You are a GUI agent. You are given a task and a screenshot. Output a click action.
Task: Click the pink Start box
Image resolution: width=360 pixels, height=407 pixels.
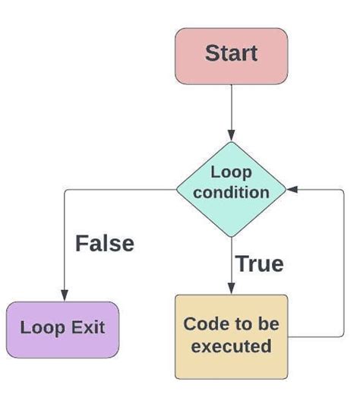click(231, 56)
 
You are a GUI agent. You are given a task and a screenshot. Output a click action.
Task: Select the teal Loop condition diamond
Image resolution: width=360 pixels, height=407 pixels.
click(231, 190)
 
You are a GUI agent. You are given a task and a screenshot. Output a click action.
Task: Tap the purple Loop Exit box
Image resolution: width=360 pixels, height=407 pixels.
click(62, 330)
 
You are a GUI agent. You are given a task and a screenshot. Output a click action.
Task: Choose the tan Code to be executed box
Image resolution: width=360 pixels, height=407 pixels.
click(231, 336)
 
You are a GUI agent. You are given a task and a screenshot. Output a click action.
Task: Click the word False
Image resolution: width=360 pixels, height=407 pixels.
click(105, 244)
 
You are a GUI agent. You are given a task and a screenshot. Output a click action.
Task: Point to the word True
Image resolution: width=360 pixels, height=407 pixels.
click(259, 263)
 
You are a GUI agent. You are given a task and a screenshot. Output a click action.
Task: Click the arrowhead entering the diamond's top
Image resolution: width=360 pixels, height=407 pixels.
click(231, 135)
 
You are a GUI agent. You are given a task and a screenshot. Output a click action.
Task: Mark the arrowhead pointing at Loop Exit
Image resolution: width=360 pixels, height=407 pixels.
click(65, 295)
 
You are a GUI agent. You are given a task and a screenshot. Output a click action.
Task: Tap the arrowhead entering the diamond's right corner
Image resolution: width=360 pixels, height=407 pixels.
click(292, 190)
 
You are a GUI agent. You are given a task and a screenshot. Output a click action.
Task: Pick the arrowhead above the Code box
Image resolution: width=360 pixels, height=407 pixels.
click(231, 289)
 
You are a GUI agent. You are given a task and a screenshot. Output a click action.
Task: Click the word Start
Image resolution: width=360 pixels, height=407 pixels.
click(231, 53)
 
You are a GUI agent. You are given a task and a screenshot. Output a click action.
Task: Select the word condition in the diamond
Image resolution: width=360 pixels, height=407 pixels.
click(231, 193)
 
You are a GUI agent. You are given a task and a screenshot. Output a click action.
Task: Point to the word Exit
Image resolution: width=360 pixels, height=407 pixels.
click(88, 327)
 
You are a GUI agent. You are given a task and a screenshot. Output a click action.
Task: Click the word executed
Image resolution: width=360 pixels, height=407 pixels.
click(231, 346)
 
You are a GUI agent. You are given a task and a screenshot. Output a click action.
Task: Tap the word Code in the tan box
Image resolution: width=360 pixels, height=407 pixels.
click(204, 324)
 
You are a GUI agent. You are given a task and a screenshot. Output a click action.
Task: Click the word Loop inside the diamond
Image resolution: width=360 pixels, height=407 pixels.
click(231, 173)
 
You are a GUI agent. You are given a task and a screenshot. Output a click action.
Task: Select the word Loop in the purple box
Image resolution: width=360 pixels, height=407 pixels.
click(43, 328)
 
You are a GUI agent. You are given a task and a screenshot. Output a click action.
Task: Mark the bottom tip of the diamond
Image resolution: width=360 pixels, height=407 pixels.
click(231, 237)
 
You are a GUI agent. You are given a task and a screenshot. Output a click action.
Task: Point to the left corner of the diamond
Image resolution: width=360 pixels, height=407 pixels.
click(176, 190)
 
